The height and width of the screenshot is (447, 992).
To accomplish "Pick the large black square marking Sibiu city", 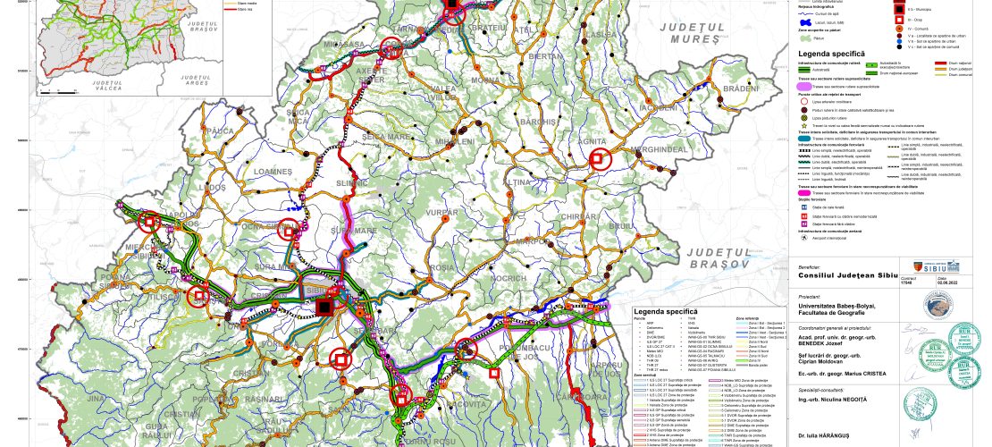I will [x=324, y=308].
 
